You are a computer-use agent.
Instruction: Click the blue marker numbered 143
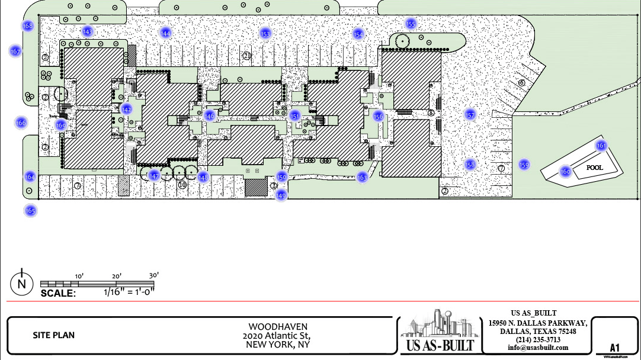[x=88, y=31]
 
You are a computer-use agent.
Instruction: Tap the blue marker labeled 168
[x=28, y=26]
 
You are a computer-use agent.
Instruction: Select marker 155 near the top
[x=411, y=24]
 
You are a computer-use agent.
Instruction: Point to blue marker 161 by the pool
[x=601, y=146]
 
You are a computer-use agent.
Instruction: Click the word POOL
[x=594, y=168]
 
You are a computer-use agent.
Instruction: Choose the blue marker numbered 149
[x=281, y=195]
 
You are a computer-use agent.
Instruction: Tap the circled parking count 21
[x=247, y=56]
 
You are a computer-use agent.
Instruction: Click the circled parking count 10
[x=182, y=185]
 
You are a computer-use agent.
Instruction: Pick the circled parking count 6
[x=521, y=83]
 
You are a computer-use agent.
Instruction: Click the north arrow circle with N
[x=22, y=284]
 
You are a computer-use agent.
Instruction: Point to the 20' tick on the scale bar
[x=116, y=276]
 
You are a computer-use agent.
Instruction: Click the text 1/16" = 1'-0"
[x=129, y=291]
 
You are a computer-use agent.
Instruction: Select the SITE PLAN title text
[x=54, y=335]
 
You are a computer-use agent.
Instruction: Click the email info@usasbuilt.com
[x=538, y=348]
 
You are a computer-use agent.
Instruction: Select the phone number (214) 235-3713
[x=538, y=340]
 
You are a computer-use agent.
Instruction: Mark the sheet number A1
[x=614, y=348]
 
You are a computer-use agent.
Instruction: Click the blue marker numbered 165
[x=30, y=210]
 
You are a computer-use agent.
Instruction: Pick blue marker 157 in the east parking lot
[x=470, y=115]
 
